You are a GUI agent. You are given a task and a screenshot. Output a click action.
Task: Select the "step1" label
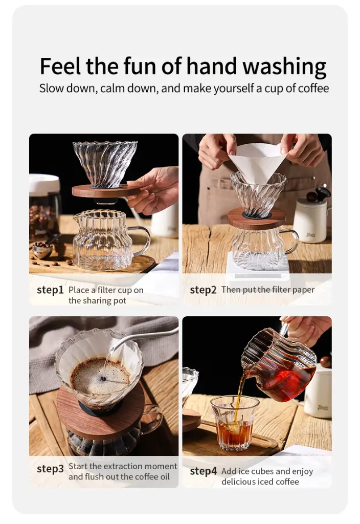click(x=50, y=290)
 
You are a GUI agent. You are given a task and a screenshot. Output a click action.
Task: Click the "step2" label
click(x=203, y=290)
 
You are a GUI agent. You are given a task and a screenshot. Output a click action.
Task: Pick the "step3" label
click(x=50, y=469)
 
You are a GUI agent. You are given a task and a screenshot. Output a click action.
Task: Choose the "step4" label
click(x=203, y=471)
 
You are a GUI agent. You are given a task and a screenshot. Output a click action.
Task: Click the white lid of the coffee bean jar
click(x=44, y=184)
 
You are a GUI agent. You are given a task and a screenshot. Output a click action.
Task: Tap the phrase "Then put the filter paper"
click(x=267, y=290)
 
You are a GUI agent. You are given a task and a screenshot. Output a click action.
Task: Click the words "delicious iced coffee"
click(x=260, y=482)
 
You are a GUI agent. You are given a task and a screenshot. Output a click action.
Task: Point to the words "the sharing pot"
click(x=97, y=300)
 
